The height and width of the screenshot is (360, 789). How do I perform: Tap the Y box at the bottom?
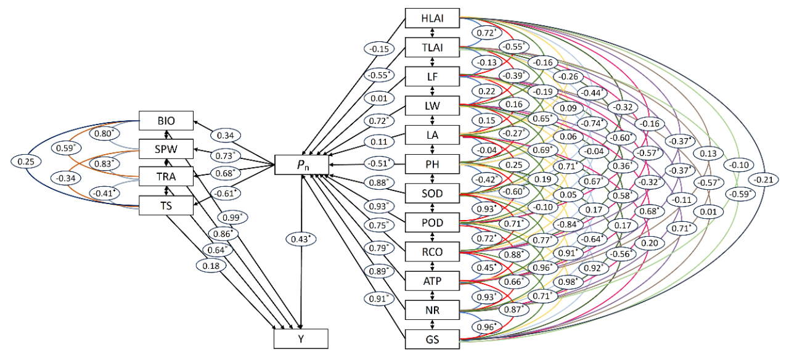pos(301,339)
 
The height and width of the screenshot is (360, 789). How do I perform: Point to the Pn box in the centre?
pos(301,165)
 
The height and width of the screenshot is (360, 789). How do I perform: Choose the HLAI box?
pos(433,18)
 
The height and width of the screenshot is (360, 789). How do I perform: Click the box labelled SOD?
pos(433,194)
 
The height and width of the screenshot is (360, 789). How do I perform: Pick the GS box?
pos(433,338)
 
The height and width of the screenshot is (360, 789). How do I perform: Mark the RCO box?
pos(433,252)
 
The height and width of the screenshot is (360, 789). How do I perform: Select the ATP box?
pos(433,281)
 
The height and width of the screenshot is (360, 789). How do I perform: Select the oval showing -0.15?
pos(378,49)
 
